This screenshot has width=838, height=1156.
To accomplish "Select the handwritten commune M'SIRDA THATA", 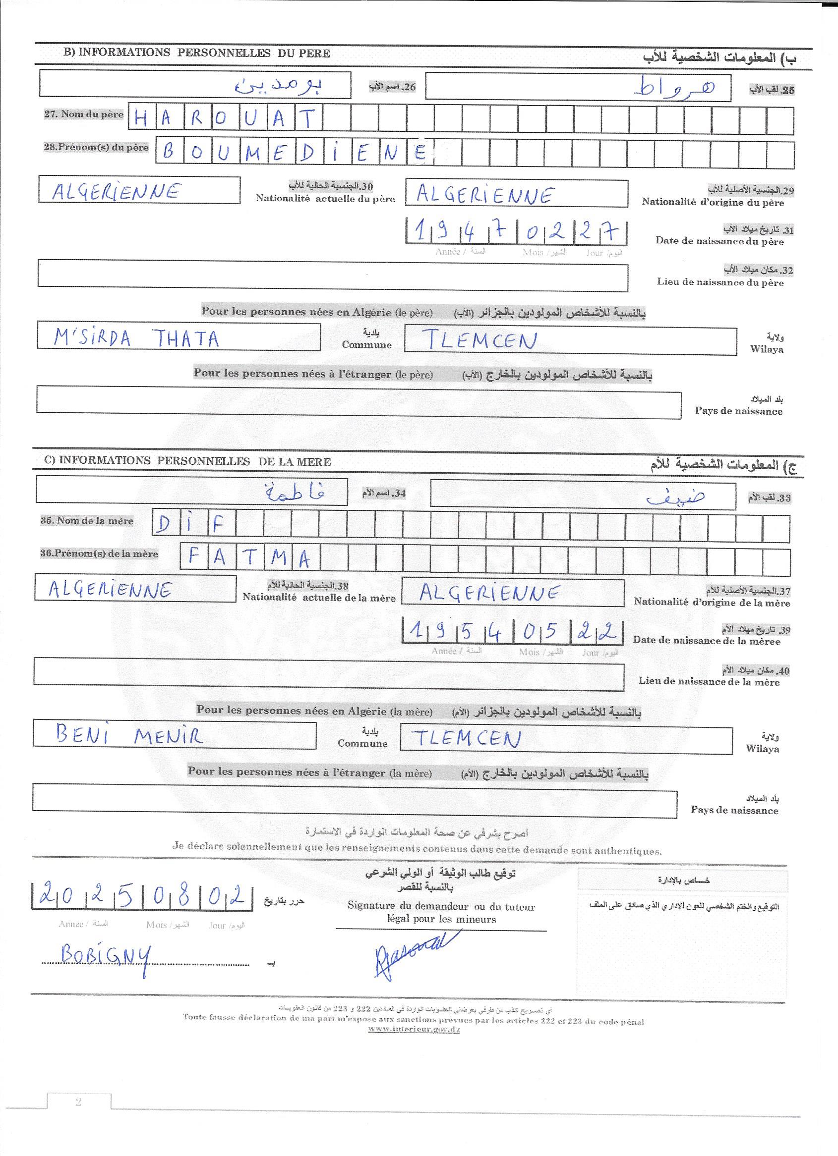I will pyautogui.click(x=136, y=338).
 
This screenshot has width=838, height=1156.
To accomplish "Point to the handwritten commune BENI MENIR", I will pyautogui.click(x=129, y=735).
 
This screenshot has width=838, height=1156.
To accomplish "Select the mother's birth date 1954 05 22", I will pyautogui.click(x=513, y=632).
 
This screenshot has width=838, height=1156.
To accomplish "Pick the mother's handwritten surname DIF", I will pyautogui.click(x=191, y=524).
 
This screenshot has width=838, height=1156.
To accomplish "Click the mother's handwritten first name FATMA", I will pyautogui.click(x=249, y=557).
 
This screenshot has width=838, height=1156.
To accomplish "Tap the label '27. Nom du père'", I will pyautogui.click(x=84, y=114).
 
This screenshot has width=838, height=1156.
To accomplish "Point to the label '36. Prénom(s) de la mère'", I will pyautogui.click(x=100, y=553).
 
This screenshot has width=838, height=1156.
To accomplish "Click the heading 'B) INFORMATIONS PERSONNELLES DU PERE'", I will pyautogui.click(x=197, y=53).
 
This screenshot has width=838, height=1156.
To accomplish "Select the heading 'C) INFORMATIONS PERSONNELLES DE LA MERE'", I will pyautogui.click(x=188, y=461).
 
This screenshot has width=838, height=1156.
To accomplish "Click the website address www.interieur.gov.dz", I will pyautogui.click(x=414, y=1029).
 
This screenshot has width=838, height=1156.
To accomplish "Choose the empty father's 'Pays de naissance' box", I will pyautogui.click(x=359, y=402).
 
